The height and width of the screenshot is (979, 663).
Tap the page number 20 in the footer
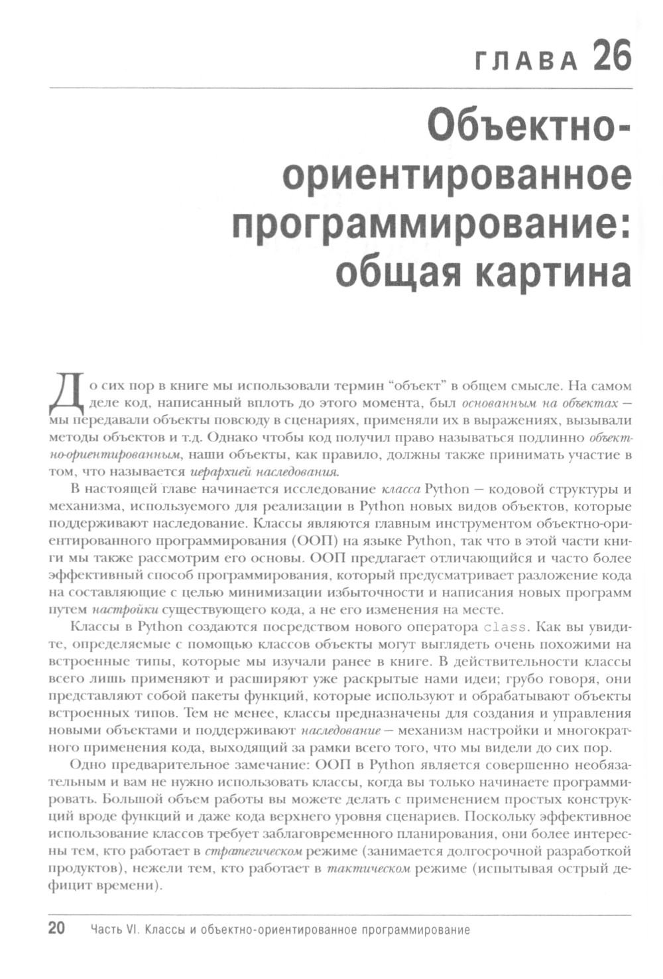(x=56, y=928)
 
